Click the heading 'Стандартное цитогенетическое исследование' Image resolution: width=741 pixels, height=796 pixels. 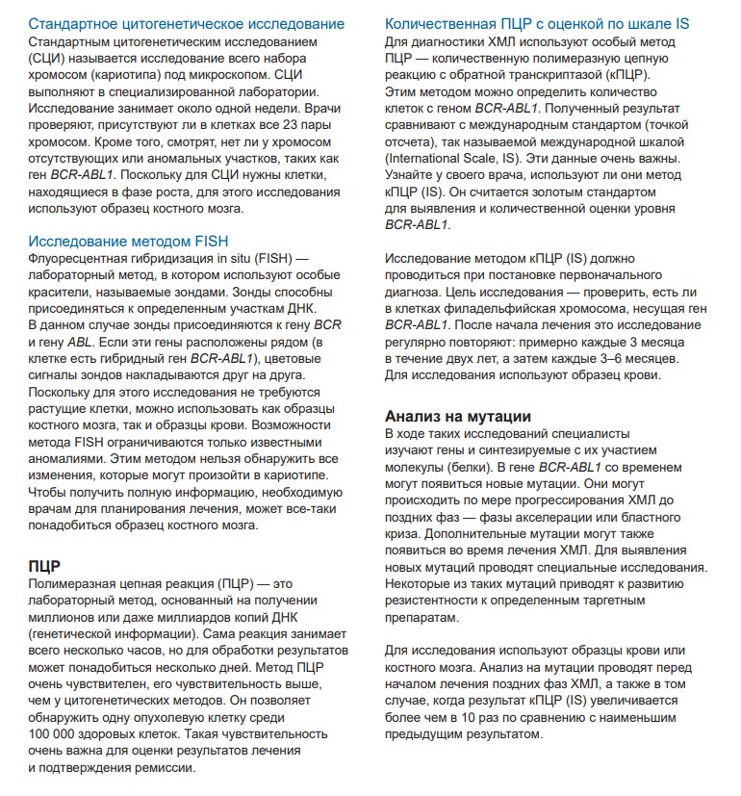point(186,23)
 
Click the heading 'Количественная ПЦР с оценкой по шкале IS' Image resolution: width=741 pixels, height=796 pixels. point(549,23)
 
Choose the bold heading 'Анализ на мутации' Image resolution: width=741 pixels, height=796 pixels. point(458,416)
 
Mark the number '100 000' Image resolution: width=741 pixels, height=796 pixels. point(57,734)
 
